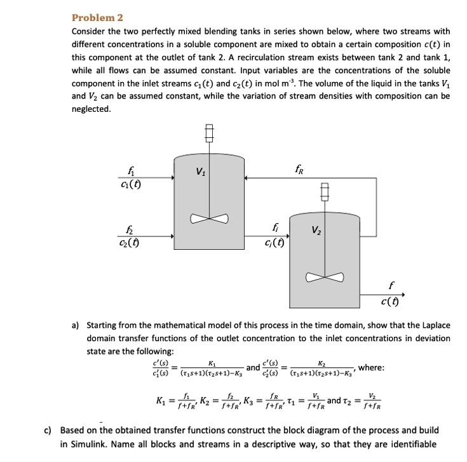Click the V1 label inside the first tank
(x=200, y=172)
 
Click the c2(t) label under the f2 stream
(x=130, y=243)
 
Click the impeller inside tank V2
(x=325, y=277)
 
